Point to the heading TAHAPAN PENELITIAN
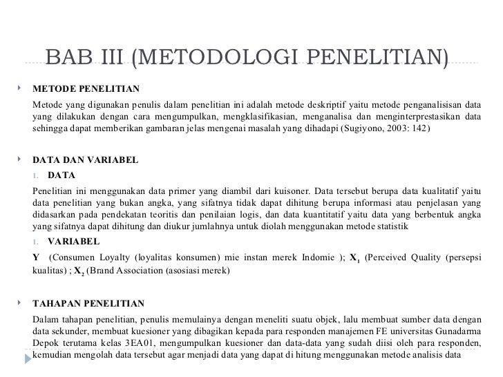88,303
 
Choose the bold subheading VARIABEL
74,242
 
